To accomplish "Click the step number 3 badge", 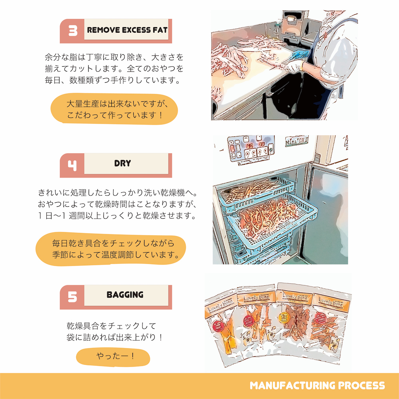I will click(73, 31).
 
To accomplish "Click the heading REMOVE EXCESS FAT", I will click(127, 30).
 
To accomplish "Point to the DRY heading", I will click(122, 163).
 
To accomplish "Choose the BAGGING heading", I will click(125, 295).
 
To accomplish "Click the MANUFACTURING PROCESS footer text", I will click(317, 385).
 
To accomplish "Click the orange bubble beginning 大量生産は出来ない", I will click(114, 109).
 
